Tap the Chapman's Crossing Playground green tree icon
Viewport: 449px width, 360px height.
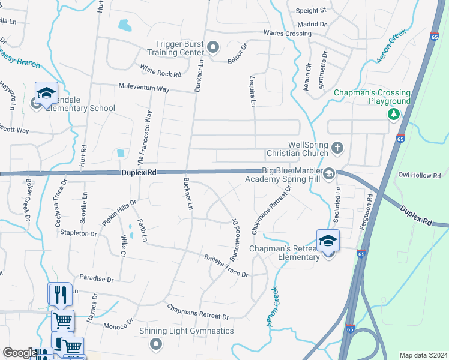click(x=394, y=113)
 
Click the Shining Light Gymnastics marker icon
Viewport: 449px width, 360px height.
click(x=156, y=344)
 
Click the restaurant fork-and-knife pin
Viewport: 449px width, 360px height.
click(x=60, y=295)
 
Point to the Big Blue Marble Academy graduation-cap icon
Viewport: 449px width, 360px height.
click(x=329, y=175)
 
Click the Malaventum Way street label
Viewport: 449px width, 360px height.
click(x=143, y=88)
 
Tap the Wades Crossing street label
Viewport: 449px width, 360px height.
click(x=287, y=34)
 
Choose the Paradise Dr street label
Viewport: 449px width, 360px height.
click(x=97, y=279)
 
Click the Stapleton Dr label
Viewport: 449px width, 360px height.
click(x=77, y=233)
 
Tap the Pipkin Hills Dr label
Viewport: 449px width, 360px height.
click(x=120, y=212)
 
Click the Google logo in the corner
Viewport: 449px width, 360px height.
click(x=20, y=353)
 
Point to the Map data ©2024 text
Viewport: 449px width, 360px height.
click(x=423, y=355)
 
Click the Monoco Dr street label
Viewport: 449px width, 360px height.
click(x=118, y=324)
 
